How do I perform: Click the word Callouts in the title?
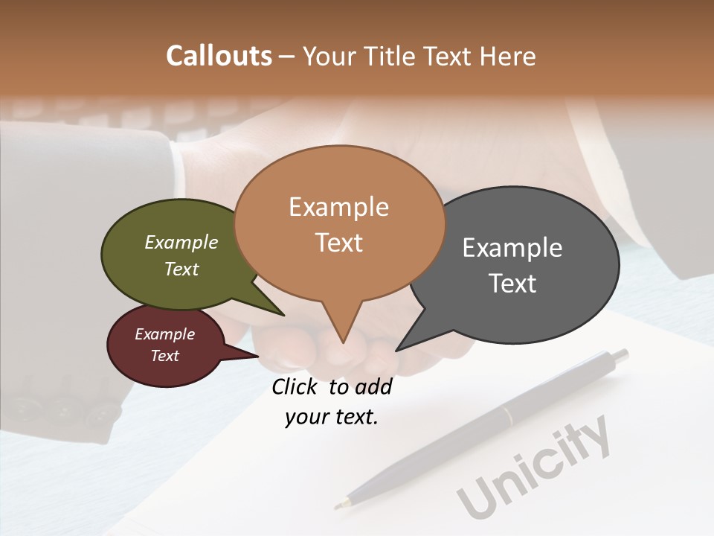[219, 56]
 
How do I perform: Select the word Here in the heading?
[508, 57]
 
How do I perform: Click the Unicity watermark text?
[533, 468]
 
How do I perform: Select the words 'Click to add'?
[332, 387]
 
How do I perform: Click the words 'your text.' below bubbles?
[332, 417]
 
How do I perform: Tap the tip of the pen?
[337, 507]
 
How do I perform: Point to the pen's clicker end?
[622, 355]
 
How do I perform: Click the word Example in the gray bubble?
[512, 248]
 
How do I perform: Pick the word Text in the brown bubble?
[339, 243]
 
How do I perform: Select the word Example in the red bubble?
[164, 335]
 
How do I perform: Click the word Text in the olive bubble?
[181, 269]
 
